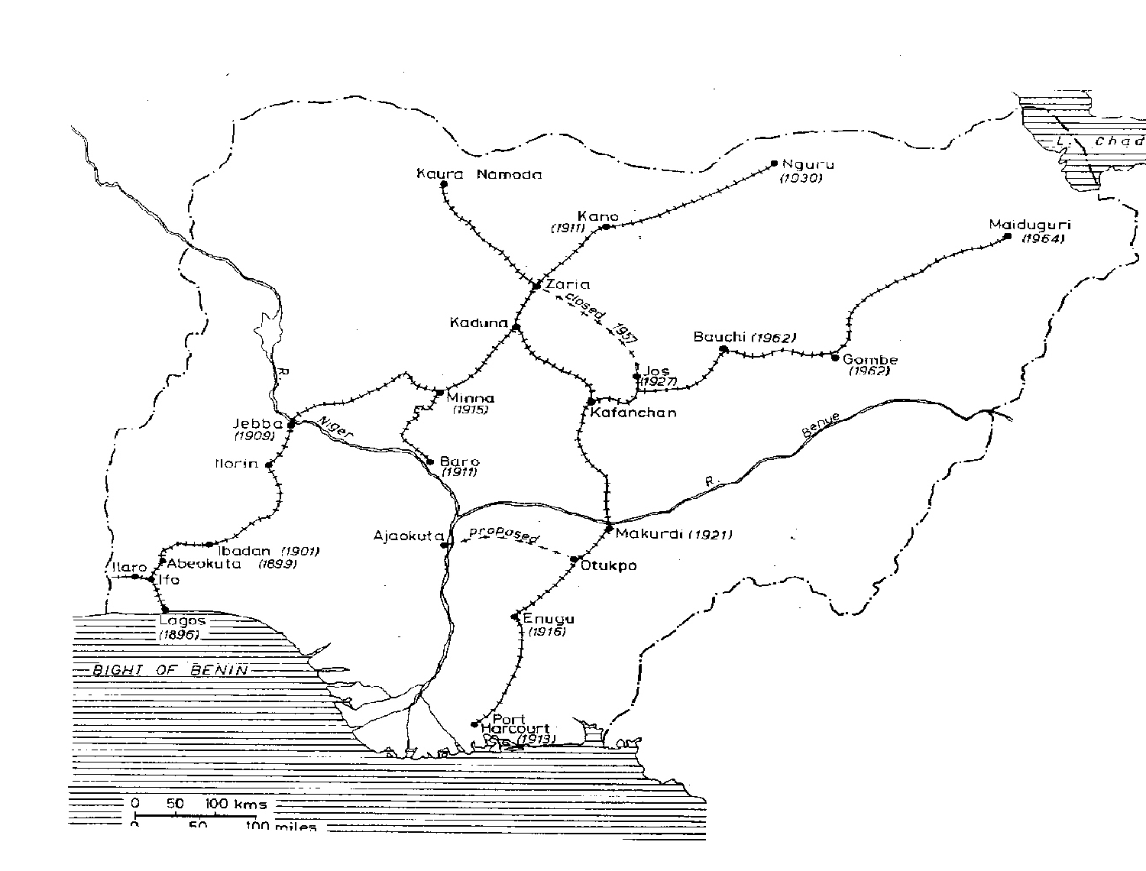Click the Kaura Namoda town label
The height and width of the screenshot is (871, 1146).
click(479, 174)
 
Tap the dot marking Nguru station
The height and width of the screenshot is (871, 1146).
click(774, 164)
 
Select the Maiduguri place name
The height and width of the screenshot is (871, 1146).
click(1030, 225)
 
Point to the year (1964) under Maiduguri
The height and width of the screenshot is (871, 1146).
click(1043, 239)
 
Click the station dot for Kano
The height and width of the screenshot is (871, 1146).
click(605, 227)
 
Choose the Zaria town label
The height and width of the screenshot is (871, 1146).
click(568, 284)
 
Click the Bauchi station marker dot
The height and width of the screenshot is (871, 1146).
click(723, 349)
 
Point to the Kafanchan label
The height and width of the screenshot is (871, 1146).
click(633, 413)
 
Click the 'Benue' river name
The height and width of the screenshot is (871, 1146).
click(821, 424)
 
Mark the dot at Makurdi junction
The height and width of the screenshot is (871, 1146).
click(609, 529)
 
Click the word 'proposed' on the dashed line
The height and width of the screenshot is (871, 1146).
click(503, 534)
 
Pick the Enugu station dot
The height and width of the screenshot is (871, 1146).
click(515, 617)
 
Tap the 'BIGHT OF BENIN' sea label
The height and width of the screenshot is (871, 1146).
click(170, 671)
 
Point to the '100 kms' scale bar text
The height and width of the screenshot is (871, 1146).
click(235, 804)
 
